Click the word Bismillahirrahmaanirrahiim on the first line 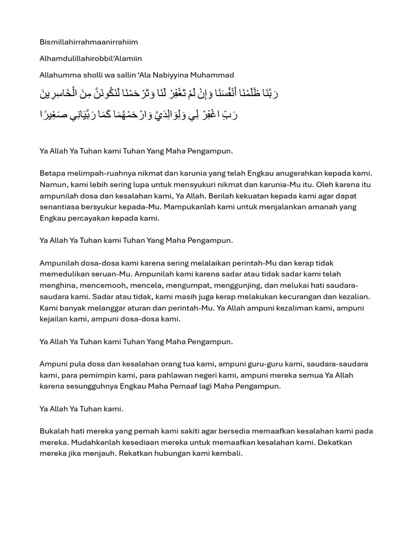(89, 42)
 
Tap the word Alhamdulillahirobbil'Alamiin (91, 59)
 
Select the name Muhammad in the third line (214, 75)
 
